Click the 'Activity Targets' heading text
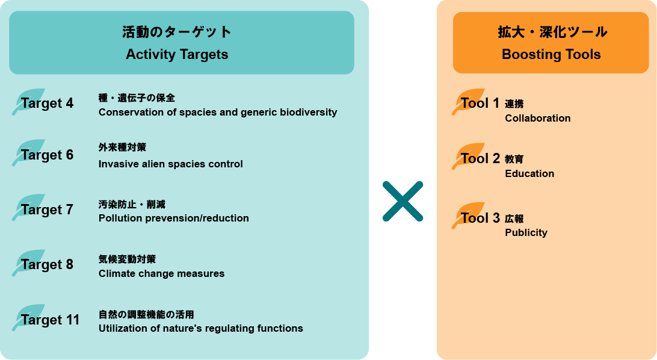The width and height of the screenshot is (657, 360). (177, 54)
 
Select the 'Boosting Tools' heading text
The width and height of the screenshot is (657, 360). (551, 54)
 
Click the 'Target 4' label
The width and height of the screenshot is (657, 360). (47, 103)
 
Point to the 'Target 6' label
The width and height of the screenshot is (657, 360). (47, 155)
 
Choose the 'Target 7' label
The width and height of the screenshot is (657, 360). (47, 209)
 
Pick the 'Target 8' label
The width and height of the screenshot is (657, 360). (47, 264)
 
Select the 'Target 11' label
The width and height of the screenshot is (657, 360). (50, 320)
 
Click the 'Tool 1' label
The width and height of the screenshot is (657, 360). (480, 103)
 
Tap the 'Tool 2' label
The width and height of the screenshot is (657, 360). (480, 158)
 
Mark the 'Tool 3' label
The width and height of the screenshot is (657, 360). (480, 218)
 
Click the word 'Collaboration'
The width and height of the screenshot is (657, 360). (538, 118)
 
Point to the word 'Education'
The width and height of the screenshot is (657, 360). (529, 173)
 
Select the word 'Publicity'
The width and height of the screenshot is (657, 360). (526, 232)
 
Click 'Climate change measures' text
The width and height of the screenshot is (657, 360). (161, 273)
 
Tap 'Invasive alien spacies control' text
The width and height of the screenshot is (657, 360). (171, 164)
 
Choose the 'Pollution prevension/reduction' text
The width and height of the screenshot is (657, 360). (174, 218)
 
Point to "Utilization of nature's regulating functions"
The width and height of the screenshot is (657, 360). (201, 328)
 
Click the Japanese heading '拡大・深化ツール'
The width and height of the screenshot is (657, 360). (551, 32)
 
